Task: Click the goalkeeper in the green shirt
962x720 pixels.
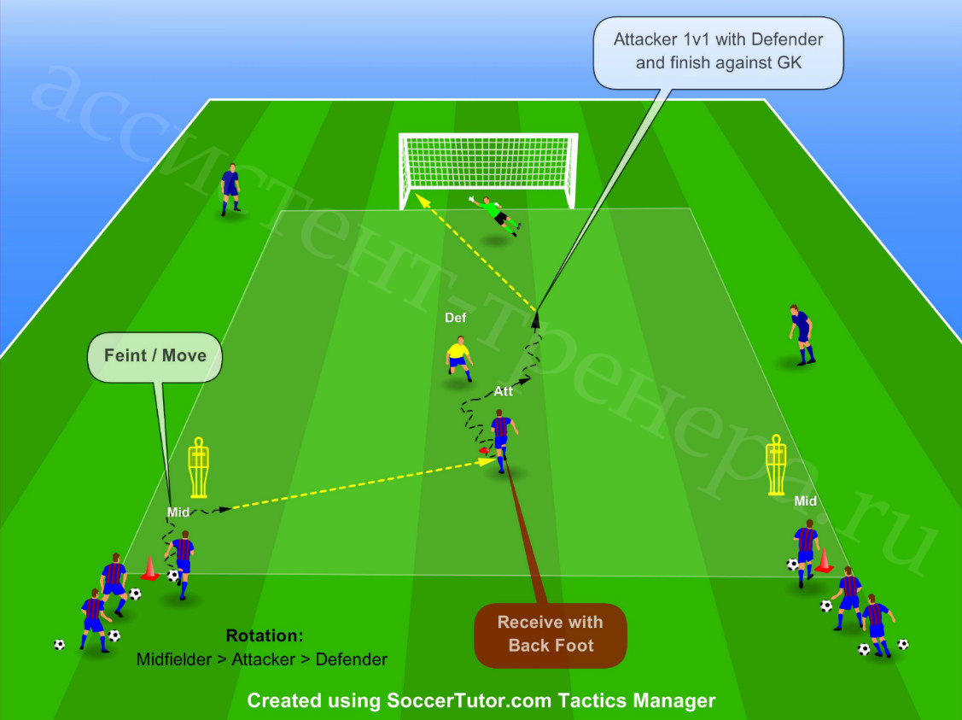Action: click(x=496, y=214)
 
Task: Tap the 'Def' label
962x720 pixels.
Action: click(x=455, y=318)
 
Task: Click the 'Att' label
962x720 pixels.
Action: click(x=503, y=391)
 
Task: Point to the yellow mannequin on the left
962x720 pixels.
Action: click(x=198, y=467)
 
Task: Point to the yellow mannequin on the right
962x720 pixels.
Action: click(x=776, y=465)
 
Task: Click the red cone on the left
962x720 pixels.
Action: click(x=149, y=568)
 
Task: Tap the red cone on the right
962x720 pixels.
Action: click(x=824, y=560)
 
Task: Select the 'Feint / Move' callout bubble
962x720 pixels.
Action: click(x=155, y=357)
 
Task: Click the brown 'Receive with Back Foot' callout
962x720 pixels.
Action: click(x=551, y=635)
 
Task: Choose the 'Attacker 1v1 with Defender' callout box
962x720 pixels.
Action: click(x=718, y=52)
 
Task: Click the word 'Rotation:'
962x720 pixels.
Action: click(x=265, y=635)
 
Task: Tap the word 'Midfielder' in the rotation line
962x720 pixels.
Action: click(x=173, y=659)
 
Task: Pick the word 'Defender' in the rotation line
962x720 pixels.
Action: click(x=351, y=659)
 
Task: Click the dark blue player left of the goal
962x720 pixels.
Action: click(x=230, y=189)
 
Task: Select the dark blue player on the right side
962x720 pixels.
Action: click(x=802, y=335)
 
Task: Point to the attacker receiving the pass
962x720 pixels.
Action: click(x=502, y=440)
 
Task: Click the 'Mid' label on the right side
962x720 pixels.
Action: click(x=805, y=500)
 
